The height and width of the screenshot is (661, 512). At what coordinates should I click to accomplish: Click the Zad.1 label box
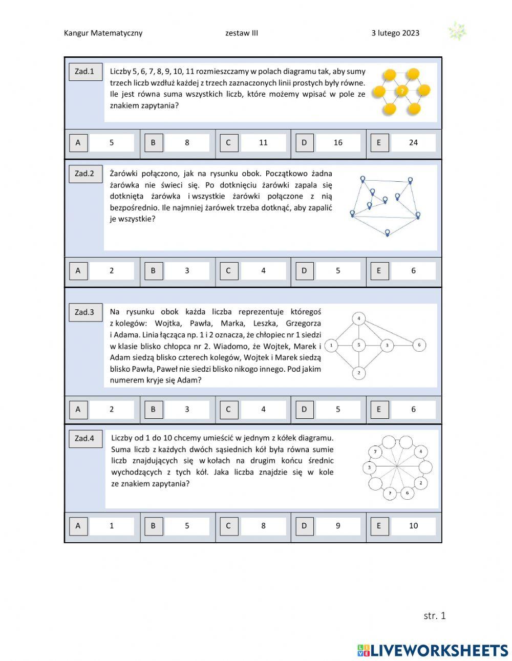click(x=85, y=72)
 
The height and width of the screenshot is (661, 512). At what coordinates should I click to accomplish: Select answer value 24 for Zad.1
click(x=413, y=143)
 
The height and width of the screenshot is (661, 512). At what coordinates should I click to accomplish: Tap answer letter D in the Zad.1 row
click(x=304, y=143)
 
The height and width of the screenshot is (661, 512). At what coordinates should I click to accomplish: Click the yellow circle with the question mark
click(x=402, y=91)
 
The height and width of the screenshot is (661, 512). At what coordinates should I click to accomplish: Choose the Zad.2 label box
click(x=85, y=174)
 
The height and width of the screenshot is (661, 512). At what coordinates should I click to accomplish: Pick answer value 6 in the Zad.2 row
click(x=413, y=271)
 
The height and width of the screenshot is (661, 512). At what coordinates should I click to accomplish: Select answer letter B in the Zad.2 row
click(x=153, y=271)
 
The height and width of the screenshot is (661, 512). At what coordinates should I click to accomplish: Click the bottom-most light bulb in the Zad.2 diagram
click(x=388, y=233)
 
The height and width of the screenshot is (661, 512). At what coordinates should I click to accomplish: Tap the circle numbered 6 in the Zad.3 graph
click(x=419, y=345)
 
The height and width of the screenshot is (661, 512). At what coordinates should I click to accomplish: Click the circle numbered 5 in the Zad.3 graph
click(x=359, y=345)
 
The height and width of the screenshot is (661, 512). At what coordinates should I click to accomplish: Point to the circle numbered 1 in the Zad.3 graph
click(x=331, y=346)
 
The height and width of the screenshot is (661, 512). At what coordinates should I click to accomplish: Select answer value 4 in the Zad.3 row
click(x=263, y=410)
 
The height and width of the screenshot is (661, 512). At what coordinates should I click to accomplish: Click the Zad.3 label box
click(x=85, y=312)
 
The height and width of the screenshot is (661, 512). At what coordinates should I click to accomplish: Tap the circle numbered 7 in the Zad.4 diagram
click(x=375, y=452)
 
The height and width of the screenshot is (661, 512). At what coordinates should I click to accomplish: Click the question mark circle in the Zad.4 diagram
click(x=390, y=494)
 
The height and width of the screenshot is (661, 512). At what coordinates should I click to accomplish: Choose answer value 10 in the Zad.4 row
click(x=413, y=526)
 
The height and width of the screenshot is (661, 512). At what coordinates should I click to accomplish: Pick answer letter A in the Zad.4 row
click(x=78, y=526)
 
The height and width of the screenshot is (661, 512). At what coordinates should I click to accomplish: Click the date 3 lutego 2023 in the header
click(x=395, y=33)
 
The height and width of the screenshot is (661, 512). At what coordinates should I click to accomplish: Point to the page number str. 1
click(x=435, y=616)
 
